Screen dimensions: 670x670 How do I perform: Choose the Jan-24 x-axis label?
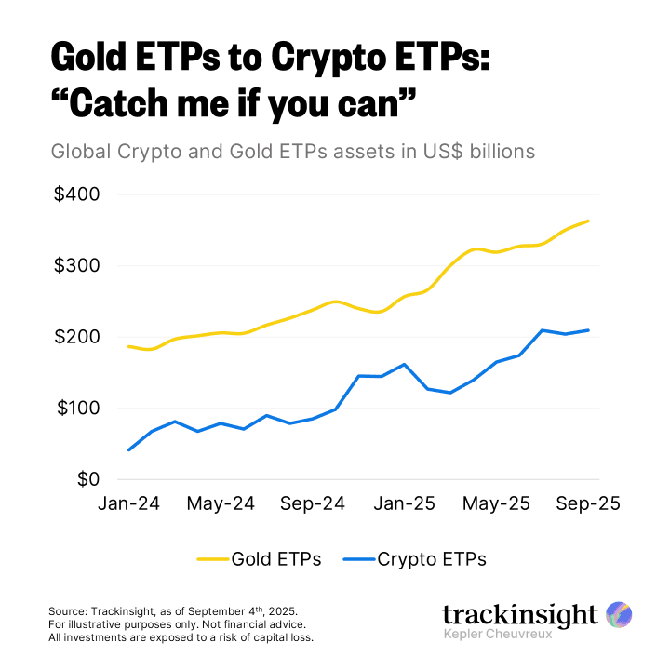[129, 503]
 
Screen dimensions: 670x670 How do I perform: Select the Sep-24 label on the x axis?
[314, 503]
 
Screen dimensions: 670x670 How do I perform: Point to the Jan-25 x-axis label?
[405, 503]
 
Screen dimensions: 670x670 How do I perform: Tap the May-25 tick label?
[498, 503]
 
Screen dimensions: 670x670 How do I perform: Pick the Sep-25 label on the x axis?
[588, 503]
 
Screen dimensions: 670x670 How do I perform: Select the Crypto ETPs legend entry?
[432, 559]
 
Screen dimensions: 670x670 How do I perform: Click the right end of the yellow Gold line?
[588, 221]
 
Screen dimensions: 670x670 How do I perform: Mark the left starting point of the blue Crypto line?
[128, 450]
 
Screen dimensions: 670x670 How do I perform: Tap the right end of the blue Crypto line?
[588, 330]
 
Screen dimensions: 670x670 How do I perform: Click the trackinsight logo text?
[519, 614]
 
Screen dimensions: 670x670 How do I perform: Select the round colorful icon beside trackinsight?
[619, 614]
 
